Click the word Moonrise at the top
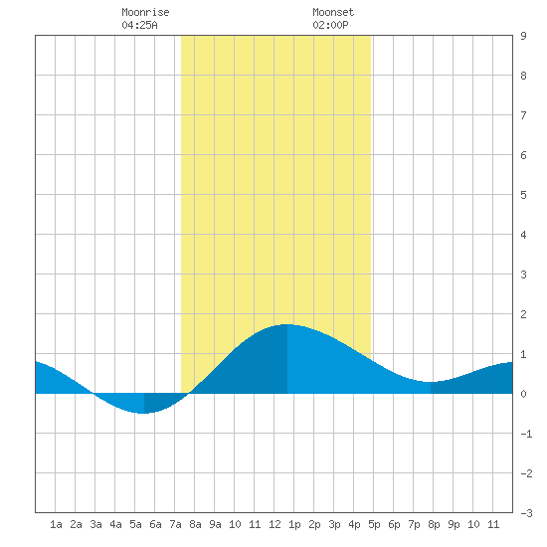pyautogui.click(x=145, y=12)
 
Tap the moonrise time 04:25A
pyautogui.click(x=139, y=25)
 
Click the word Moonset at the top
pyautogui.click(x=333, y=12)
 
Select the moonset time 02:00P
pyautogui.click(x=330, y=25)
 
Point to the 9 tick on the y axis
pyautogui.click(x=523, y=36)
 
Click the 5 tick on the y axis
pyautogui.click(x=523, y=195)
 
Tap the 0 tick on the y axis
pyautogui.click(x=523, y=394)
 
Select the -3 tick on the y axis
pyautogui.click(x=526, y=513)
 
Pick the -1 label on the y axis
pyautogui.click(x=526, y=434)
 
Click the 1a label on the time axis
pyautogui.click(x=56, y=524)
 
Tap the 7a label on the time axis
pyautogui.click(x=175, y=524)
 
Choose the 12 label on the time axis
pyautogui.click(x=274, y=524)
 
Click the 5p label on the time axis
pyautogui.click(x=374, y=524)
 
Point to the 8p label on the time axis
pyautogui.click(x=434, y=524)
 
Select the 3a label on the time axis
pyautogui.click(x=95, y=524)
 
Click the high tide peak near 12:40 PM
pyautogui.click(x=287, y=325)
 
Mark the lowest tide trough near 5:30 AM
pyautogui.click(x=144, y=413)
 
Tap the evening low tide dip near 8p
pyautogui.click(x=430, y=382)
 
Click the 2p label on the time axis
pyautogui.click(x=314, y=524)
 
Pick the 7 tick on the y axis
pyautogui.click(x=523, y=115)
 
